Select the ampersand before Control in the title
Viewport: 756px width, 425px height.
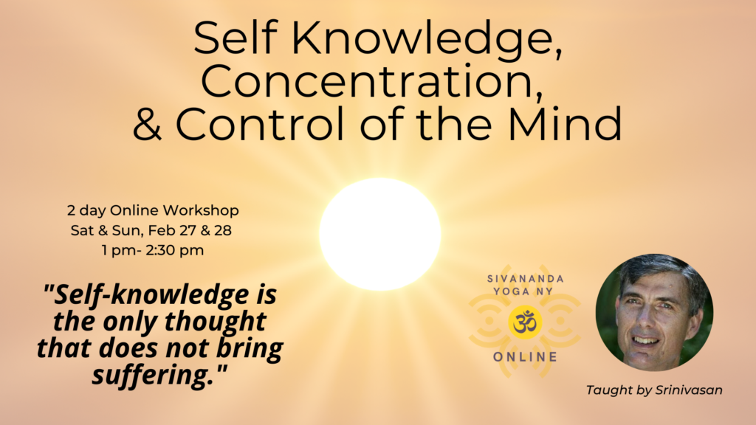147,124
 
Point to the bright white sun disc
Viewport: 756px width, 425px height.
380,234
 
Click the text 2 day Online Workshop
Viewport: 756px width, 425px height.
153,210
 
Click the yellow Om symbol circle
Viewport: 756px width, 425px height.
525,322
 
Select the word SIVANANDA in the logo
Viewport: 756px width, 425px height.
526,279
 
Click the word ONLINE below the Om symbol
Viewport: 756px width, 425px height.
526,357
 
